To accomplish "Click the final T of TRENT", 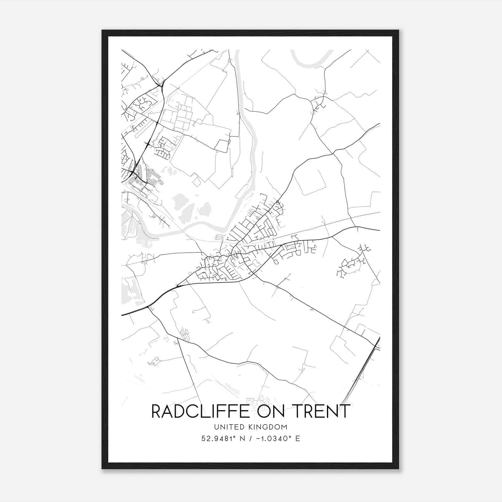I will tap(345, 411).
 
